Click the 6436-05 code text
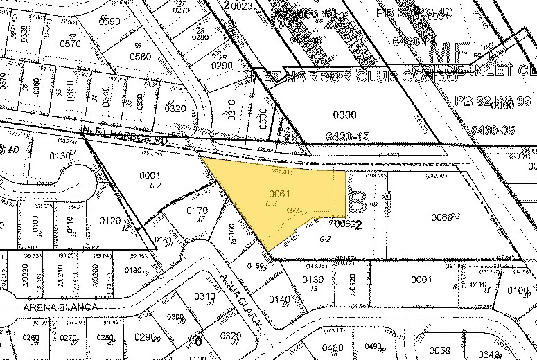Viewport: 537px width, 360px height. [494, 129]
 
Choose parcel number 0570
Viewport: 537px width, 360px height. [70, 43]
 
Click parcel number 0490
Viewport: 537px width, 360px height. [374, 346]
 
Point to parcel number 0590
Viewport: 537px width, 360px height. [109, 21]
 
